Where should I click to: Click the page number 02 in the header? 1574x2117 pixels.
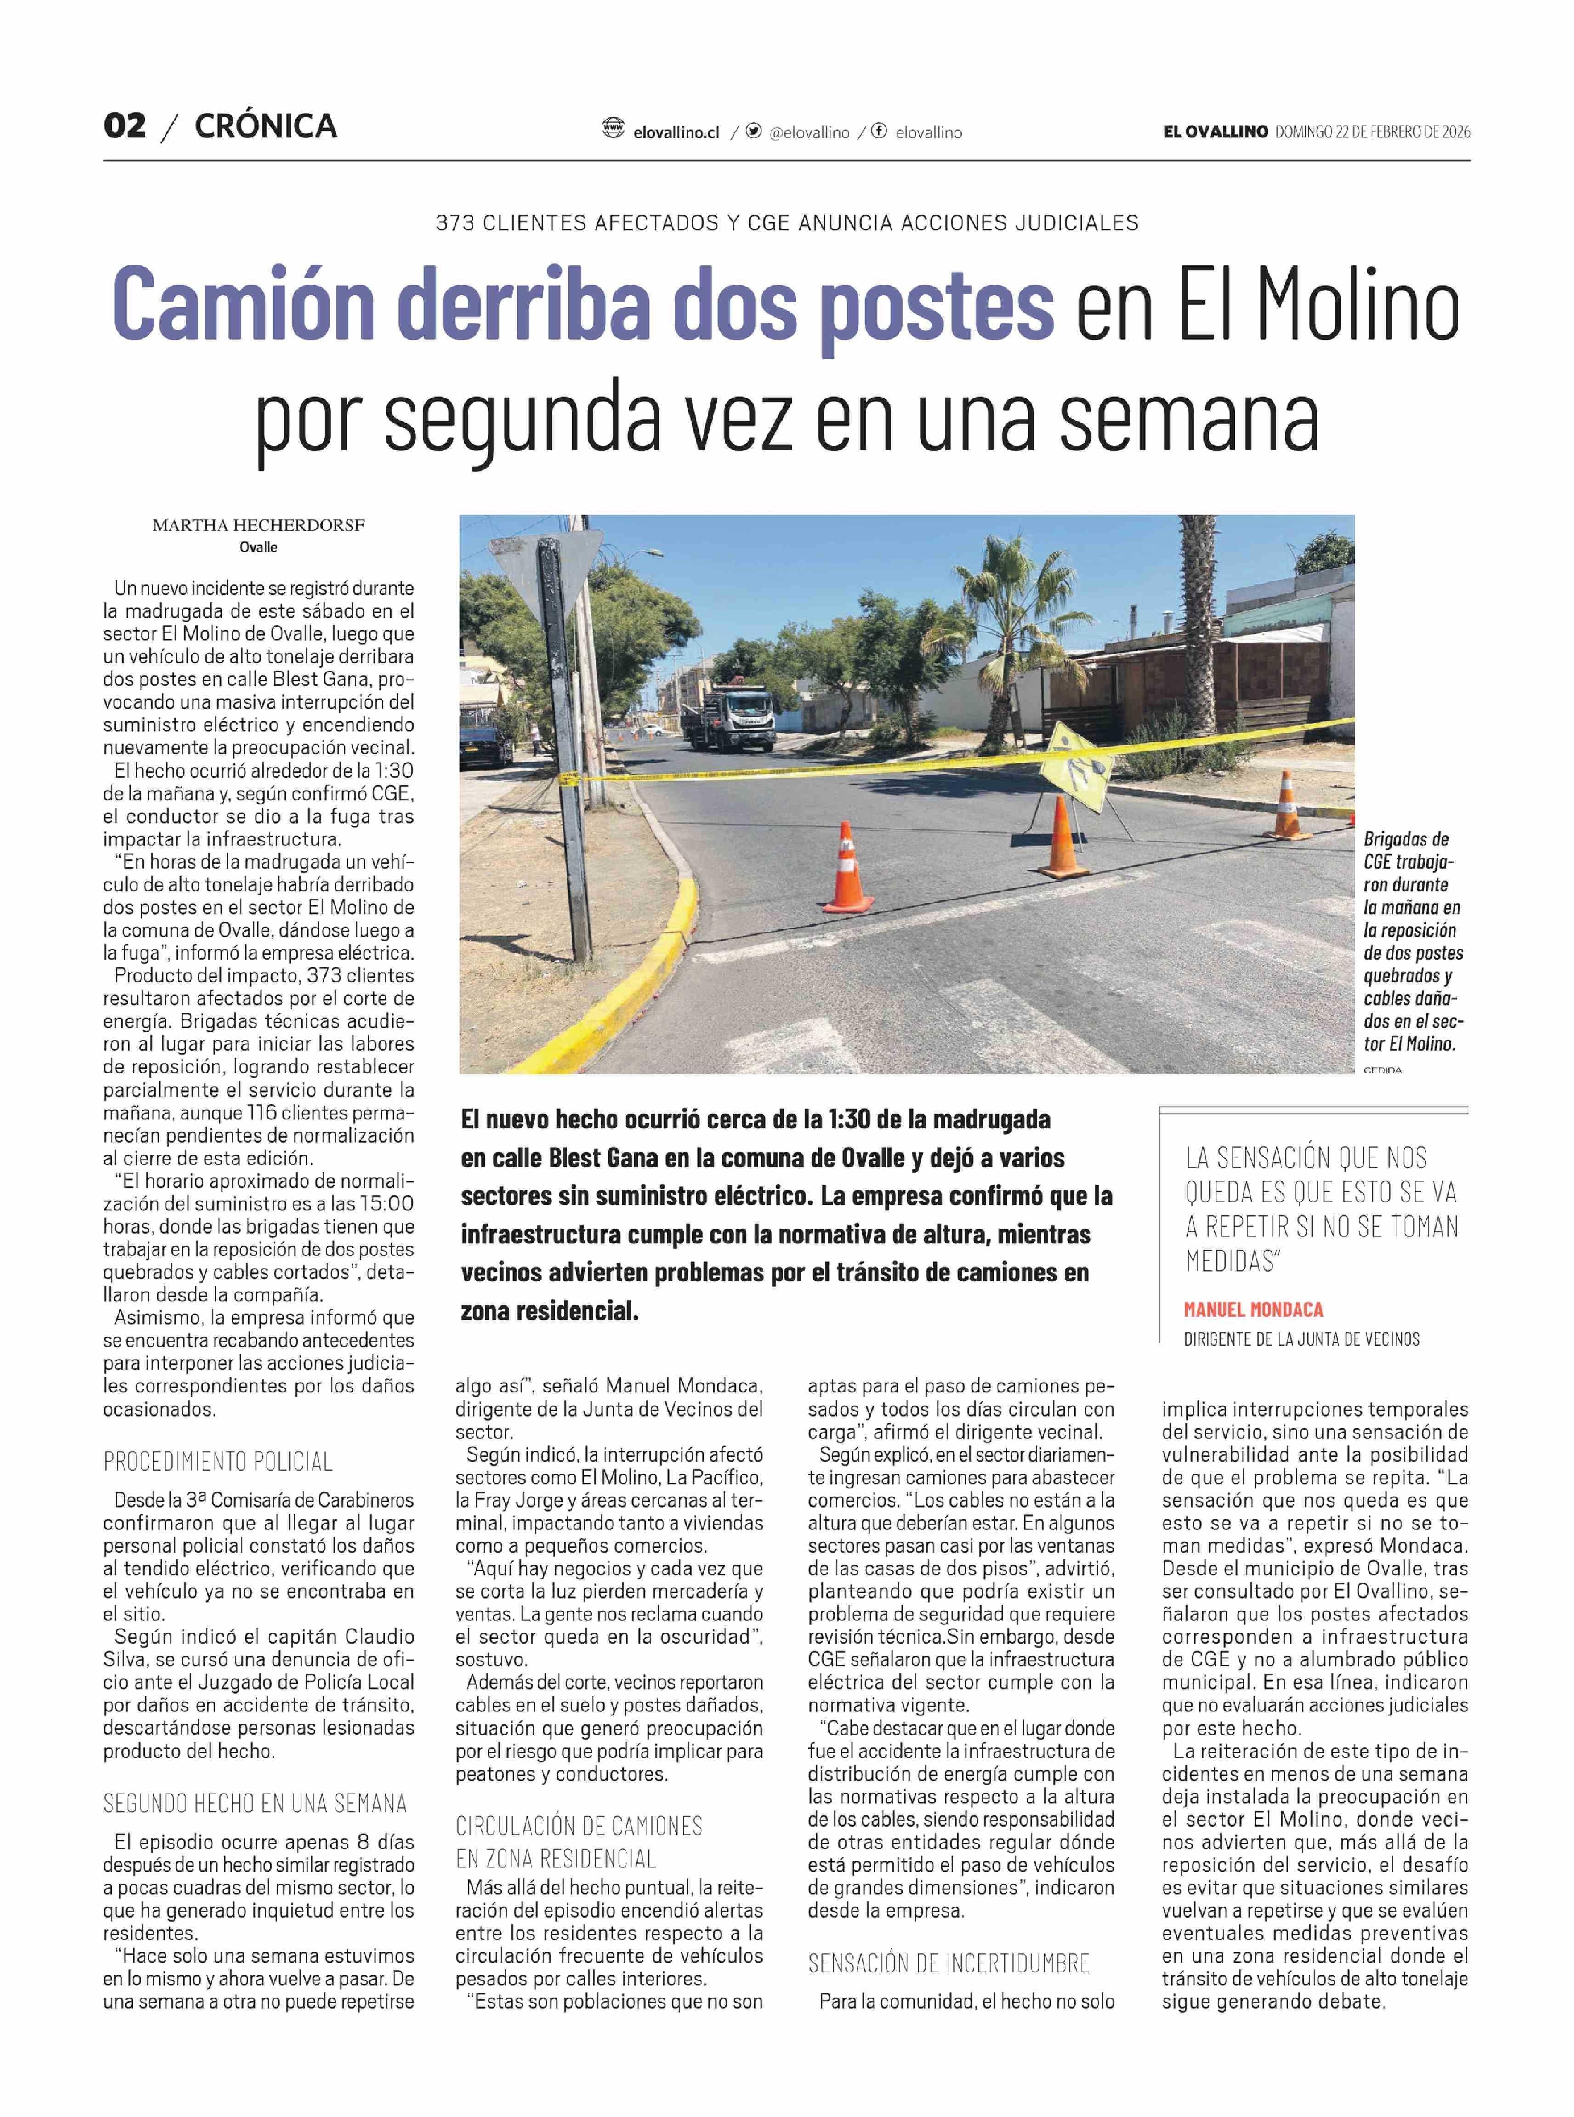click(x=125, y=126)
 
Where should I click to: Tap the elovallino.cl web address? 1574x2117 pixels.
click(x=676, y=132)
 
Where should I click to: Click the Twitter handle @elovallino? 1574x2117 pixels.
click(x=809, y=132)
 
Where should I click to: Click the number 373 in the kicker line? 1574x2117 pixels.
click(x=455, y=223)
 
